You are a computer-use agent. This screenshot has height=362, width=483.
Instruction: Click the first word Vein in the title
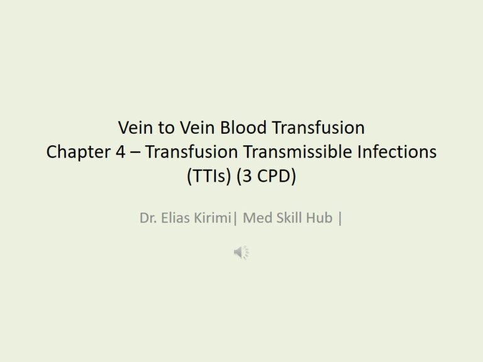coord(134,128)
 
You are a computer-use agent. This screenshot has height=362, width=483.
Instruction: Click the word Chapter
coord(74,152)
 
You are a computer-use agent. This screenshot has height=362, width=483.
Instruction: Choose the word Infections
coord(401,152)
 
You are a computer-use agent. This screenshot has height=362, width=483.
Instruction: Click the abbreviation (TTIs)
coord(208,177)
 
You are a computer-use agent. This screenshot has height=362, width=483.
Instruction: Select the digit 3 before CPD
coord(246,177)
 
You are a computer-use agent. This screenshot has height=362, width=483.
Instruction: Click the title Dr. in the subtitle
coord(147,219)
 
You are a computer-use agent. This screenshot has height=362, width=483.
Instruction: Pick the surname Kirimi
coord(214,219)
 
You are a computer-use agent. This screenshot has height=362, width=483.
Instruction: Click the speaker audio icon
coord(241,253)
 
